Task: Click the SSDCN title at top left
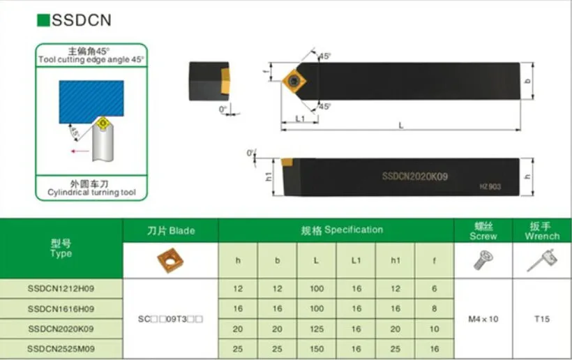(x=81, y=20)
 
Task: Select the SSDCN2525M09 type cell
(x=61, y=347)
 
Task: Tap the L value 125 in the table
(x=317, y=328)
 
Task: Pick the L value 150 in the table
(x=317, y=347)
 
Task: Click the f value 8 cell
(x=434, y=308)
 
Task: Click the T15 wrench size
(x=542, y=319)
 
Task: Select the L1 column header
(x=356, y=261)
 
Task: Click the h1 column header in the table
(x=395, y=261)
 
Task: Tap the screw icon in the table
(x=483, y=260)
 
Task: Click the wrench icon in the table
(x=542, y=260)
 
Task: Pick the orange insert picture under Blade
(x=171, y=260)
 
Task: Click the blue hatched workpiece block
(x=91, y=102)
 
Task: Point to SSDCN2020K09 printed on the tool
(x=414, y=177)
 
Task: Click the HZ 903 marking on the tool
(x=490, y=186)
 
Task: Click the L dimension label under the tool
(x=400, y=125)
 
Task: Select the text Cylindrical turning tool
(x=91, y=192)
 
